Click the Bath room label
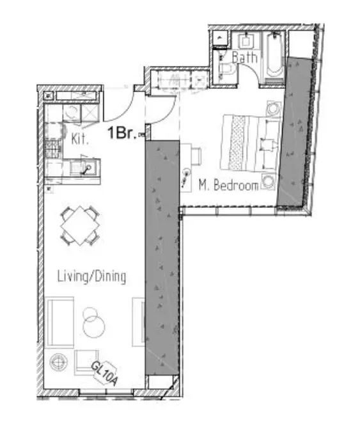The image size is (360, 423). click(244, 58)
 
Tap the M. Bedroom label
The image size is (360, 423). click(228, 186)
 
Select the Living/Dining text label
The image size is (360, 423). click(91, 276)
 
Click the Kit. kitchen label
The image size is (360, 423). click(79, 139)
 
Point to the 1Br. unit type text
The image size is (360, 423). click(122, 132)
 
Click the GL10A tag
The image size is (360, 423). click(105, 373)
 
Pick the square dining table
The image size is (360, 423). click(80, 225)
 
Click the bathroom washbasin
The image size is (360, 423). click(246, 41)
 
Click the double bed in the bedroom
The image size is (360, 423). click(249, 143)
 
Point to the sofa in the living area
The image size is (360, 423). click(59, 323)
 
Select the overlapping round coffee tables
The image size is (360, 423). click(93, 323)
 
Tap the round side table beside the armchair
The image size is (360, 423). click(58, 362)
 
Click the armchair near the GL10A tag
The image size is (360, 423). click(86, 362)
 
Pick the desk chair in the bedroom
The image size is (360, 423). click(196, 157)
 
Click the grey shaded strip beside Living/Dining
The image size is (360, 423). click(162, 258)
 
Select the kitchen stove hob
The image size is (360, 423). click(53, 148)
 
